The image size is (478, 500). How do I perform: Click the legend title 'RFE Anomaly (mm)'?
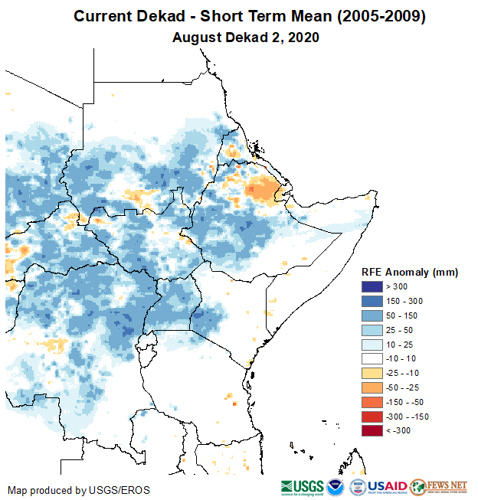tap(410, 273)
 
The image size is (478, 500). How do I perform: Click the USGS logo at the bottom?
tap(302, 487)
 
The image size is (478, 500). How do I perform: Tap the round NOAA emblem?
tap(336, 487)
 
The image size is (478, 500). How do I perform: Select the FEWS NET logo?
tap(438, 487)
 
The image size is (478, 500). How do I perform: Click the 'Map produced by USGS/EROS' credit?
tap(79, 489)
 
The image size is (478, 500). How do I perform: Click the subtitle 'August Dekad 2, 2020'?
tap(245, 37)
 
